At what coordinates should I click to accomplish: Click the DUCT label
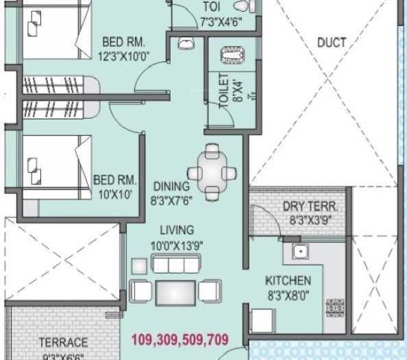click(331, 43)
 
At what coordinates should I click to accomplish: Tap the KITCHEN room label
click(288, 280)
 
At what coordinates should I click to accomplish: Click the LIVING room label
click(177, 230)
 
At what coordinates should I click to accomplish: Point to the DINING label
click(171, 186)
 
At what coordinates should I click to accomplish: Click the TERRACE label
click(63, 341)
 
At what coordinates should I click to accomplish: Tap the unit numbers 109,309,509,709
click(179, 339)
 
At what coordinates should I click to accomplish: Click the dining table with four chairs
click(212, 171)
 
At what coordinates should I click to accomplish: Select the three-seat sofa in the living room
click(175, 265)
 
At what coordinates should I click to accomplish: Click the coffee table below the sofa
click(175, 291)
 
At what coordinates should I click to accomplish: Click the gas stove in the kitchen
click(335, 307)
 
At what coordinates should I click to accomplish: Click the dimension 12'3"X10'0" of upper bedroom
click(125, 55)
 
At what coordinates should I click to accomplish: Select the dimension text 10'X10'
click(114, 194)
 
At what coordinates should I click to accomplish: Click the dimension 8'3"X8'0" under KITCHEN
click(288, 296)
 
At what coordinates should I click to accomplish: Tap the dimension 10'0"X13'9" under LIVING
click(177, 245)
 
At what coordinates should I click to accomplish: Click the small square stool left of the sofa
click(139, 265)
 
